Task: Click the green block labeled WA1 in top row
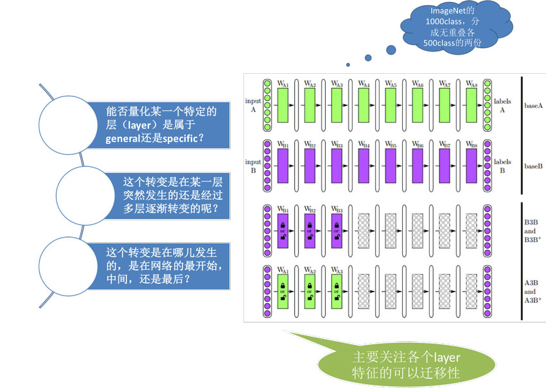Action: (x=283, y=105)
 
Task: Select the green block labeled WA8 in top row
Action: (x=471, y=105)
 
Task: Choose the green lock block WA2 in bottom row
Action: (x=310, y=292)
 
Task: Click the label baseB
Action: (x=533, y=166)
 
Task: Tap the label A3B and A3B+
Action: (x=533, y=292)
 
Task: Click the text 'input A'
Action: (x=252, y=105)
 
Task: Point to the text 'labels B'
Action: (x=502, y=166)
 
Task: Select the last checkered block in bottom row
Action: (x=471, y=292)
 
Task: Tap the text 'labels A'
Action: (x=502, y=105)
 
